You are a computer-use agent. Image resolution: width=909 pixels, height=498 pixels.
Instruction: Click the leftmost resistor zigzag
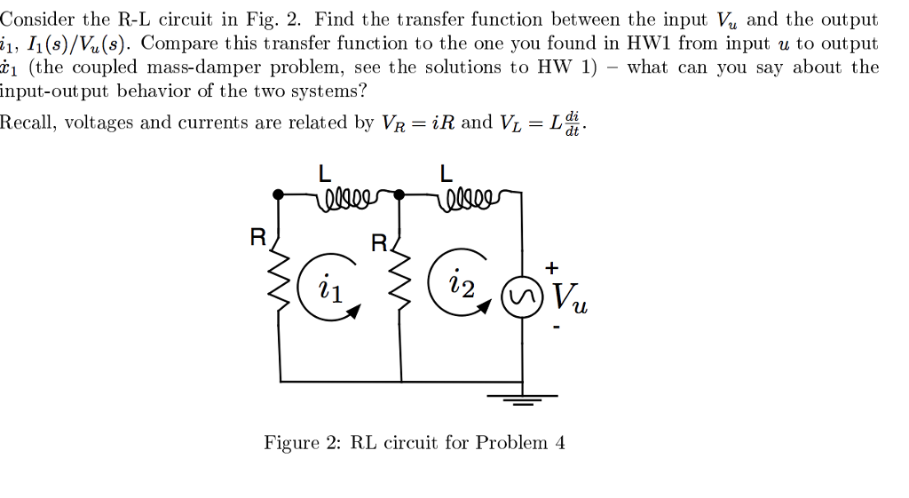pos(282,293)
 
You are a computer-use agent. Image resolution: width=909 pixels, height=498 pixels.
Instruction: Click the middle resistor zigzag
pos(400,293)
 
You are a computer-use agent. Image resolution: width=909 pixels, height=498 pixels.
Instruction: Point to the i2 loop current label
pos(462,285)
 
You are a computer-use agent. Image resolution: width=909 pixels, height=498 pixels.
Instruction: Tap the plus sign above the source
pos(552,267)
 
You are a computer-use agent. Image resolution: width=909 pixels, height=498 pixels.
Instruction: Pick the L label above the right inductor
pos(447,175)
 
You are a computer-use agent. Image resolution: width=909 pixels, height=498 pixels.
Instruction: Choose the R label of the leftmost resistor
pos(257,237)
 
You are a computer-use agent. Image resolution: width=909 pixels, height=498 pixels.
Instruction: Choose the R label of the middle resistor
pos(378,242)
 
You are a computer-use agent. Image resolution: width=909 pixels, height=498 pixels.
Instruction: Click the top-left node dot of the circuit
pos(279,193)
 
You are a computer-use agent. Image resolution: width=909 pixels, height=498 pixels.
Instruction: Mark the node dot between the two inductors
pos(400,193)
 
